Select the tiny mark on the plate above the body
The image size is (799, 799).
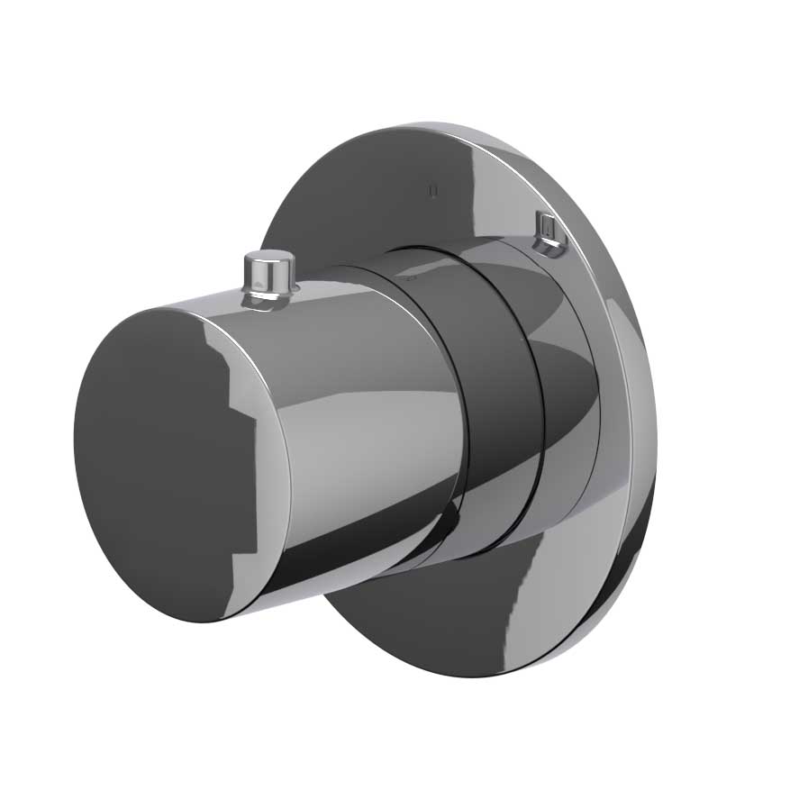pos(434,190)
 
